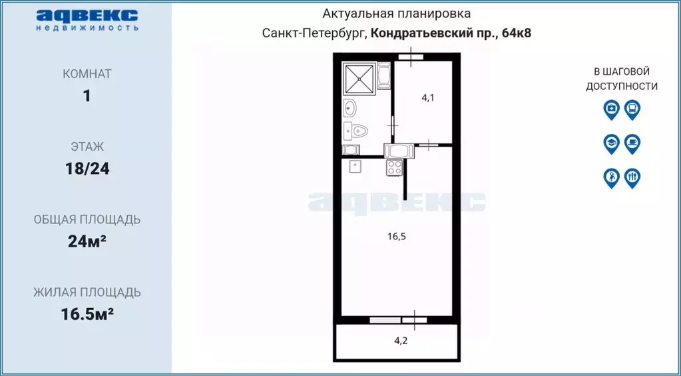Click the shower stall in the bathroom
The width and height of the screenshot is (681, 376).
coord(359,79)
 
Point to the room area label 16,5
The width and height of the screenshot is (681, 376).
coord(397,235)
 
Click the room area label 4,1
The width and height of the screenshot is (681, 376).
coord(428,97)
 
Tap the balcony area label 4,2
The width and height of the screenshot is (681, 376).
coord(401,340)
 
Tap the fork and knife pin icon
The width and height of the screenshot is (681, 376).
coord(632,177)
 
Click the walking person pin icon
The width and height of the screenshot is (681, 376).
coord(611,177)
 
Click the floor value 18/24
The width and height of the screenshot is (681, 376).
coord(87,168)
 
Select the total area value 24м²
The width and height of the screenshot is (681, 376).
coord(87,241)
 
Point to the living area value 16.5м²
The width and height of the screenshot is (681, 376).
coord(87,314)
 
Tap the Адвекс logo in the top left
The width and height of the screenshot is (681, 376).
coord(87,19)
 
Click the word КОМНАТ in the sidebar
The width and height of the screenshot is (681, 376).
coord(87,74)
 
